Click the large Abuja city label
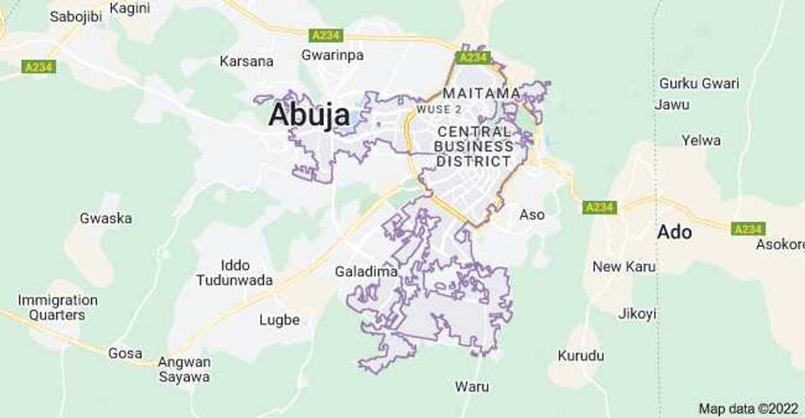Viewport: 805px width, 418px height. (x=309, y=115)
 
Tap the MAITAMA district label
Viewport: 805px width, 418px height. (x=482, y=93)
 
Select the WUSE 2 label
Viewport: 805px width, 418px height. (x=439, y=110)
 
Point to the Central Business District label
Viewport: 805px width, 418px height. (x=474, y=147)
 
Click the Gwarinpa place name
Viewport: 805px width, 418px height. (x=332, y=55)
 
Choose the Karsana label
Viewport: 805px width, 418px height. (x=246, y=61)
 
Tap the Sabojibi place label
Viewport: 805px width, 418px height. (x=75, y=17)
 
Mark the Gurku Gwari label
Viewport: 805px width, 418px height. (x=699, y=83)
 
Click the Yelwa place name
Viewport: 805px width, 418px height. (x=701, y=141)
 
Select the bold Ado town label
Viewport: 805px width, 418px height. (x=674, y=232)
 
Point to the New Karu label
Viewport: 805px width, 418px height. (x=624, y=267)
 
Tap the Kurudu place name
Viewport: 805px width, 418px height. (x=581, y=356)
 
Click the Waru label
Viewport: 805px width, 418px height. (x=471, y=387)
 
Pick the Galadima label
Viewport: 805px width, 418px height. (x=367, y=272)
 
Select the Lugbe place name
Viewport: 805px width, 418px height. (x=279, y=320)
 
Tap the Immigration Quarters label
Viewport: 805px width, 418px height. (x=57, y=307)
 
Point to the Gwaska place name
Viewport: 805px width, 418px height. (x=106, y=218)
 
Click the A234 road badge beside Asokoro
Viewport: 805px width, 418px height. (x=747, y=229)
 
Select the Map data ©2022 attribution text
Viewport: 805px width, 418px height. (x=748, y=409)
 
